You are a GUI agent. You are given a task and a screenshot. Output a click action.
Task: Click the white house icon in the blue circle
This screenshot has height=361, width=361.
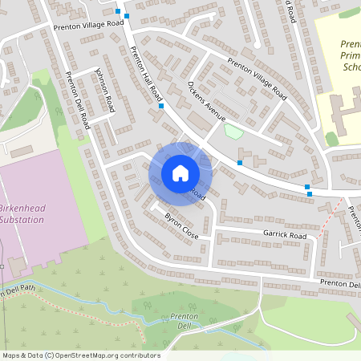tap(180, 172)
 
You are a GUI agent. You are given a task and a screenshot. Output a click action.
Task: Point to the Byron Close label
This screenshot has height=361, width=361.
tap(180, 227)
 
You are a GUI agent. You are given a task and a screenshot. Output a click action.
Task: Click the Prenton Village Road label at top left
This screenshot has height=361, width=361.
tap(88, 26)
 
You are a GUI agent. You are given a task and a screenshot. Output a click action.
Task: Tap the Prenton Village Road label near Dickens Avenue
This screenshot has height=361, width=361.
tap(257, 79)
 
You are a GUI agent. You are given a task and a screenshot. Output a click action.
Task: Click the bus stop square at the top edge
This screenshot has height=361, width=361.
tap(118, 13)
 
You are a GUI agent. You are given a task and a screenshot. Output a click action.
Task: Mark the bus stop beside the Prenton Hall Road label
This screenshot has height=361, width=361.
tap(161, 106)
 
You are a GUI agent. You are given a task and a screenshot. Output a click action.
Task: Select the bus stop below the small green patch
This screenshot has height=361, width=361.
tap(239, 162)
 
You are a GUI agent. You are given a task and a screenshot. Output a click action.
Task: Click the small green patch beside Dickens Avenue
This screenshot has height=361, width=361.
tap(233, 130)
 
